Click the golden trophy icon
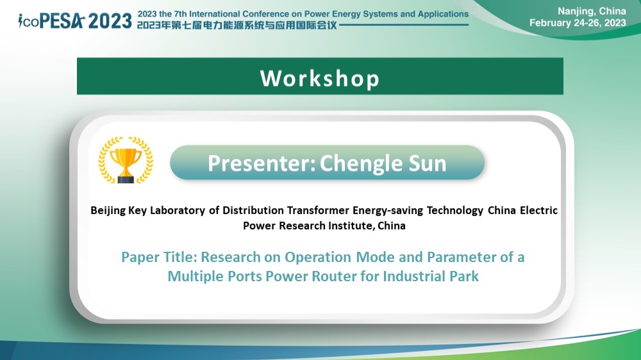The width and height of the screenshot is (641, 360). pos(126,160)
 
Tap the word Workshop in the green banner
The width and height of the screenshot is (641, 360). pos(320,78)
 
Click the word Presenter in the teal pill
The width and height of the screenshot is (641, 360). pos(262,163)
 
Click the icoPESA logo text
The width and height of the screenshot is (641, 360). pos(51,21)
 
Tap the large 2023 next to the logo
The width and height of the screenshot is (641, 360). pos(110,21)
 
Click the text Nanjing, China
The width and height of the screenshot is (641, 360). pos(592,12)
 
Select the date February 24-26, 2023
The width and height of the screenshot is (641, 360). pos(578,23)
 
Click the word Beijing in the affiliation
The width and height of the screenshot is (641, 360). pos(108,211)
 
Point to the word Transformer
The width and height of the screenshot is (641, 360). pos(318,210)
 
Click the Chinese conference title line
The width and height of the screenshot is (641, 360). pos(237,25)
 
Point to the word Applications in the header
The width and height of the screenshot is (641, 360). pos(443,14)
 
